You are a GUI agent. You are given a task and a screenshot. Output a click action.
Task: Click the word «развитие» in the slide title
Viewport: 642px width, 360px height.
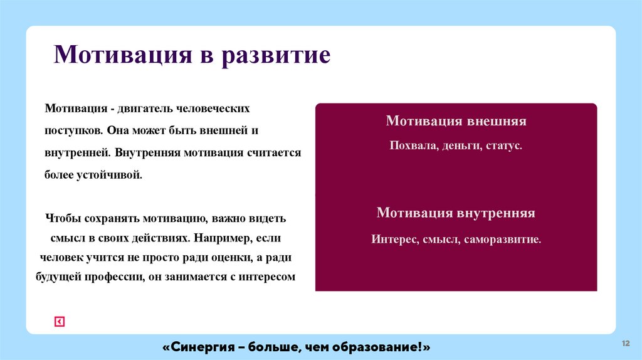275,55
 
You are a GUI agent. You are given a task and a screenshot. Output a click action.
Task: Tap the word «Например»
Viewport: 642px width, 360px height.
223,238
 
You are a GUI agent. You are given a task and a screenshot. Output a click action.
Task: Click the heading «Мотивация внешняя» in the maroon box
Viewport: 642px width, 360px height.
456,121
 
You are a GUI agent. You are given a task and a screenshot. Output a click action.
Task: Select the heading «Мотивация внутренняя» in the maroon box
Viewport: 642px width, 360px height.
456,213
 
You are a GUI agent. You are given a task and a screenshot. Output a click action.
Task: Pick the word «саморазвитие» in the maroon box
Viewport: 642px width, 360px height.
502,239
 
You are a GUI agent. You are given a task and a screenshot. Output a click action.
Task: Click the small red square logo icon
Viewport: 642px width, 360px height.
60,322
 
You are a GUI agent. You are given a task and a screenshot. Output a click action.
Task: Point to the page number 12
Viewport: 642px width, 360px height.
625,343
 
